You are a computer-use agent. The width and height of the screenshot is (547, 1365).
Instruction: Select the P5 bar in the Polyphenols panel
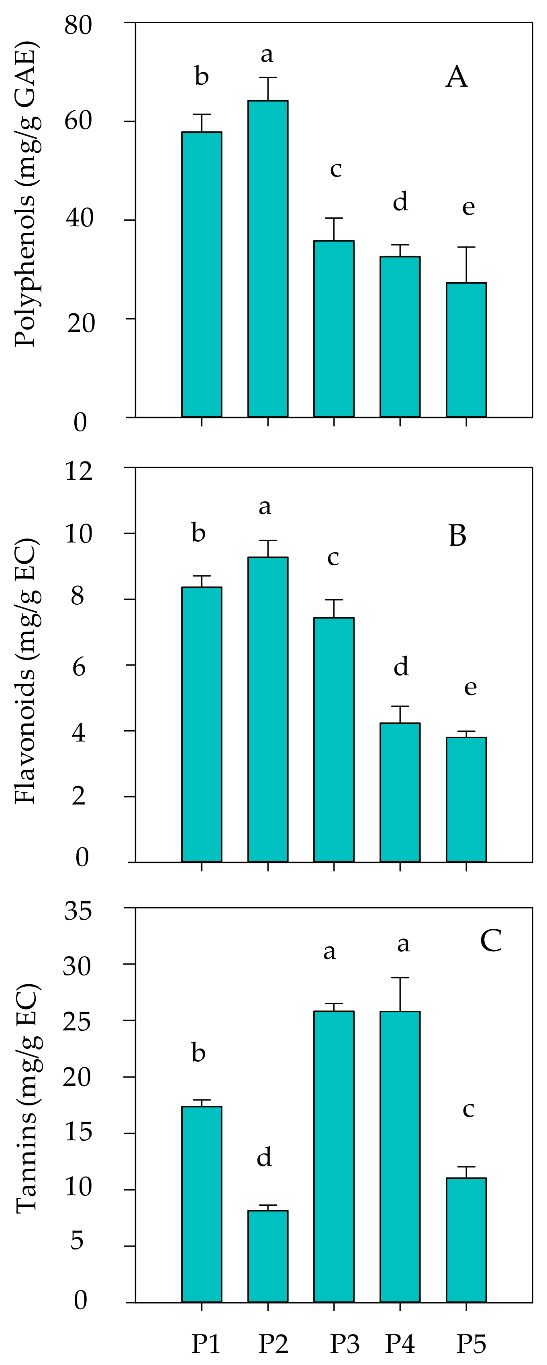(x=466, y=350)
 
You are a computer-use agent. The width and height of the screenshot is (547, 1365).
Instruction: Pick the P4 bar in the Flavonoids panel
(x=400, y=792)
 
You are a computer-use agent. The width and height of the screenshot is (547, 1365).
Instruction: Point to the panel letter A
(x=457, y=77)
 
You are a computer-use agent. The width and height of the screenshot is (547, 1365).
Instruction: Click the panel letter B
(x=457, y=536)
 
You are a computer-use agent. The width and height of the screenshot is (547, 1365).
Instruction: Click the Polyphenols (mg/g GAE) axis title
(x=25, y=197)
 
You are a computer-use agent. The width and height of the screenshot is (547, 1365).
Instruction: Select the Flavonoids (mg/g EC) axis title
(x=25, y=671)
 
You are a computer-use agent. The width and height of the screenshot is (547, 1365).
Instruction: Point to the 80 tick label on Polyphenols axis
(x=79, y=25)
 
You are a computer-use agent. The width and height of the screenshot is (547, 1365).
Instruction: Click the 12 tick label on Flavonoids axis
(x=79, y=471)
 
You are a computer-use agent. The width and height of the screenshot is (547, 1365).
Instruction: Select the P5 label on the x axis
(x=471, y=1343)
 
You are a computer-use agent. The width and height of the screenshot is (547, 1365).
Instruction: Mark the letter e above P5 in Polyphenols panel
(x=468, y=207)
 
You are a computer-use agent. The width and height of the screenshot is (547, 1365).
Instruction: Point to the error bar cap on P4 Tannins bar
(x=400, y=978)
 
